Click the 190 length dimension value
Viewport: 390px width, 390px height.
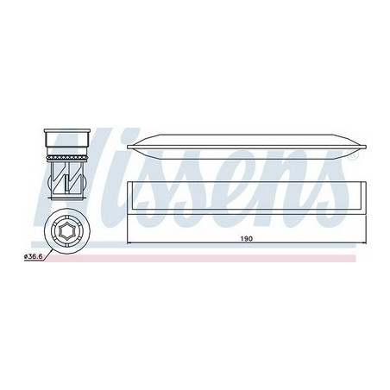247,238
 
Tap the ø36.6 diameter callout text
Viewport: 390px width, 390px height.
33,256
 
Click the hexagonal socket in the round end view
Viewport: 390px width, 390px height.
66,230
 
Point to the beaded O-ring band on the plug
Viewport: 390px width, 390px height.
66,157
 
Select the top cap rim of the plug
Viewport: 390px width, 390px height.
66,131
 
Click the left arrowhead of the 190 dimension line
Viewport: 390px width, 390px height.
129,243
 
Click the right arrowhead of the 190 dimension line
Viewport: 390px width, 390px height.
364,243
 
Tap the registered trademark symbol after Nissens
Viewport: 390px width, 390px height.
353,155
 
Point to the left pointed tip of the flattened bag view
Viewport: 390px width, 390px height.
128,147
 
